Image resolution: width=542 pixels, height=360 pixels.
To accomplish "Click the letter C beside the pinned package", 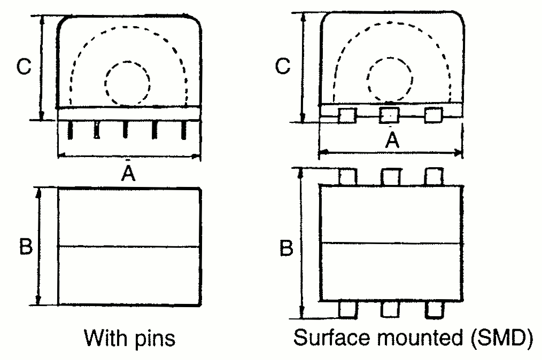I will coord(24,66).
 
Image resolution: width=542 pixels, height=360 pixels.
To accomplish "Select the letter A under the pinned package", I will coord(127,172).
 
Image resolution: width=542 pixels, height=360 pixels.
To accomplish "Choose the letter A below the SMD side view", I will coord(392,140).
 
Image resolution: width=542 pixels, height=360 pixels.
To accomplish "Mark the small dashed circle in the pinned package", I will coord(127,82).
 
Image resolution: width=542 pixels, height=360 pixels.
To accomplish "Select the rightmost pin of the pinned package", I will coord(184,130).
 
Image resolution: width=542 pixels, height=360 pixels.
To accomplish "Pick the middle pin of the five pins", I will coord(125,130).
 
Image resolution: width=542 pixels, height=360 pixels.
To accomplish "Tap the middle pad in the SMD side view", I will coord(390,115).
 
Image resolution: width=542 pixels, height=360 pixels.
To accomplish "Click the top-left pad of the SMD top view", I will coord(349,176).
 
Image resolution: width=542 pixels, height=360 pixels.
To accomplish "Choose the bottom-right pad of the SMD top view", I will coord(433,308).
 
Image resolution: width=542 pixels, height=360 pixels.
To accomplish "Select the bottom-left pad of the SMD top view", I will coord(349,308).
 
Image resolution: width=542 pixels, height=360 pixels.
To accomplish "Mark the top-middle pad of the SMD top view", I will coord(391,176).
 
